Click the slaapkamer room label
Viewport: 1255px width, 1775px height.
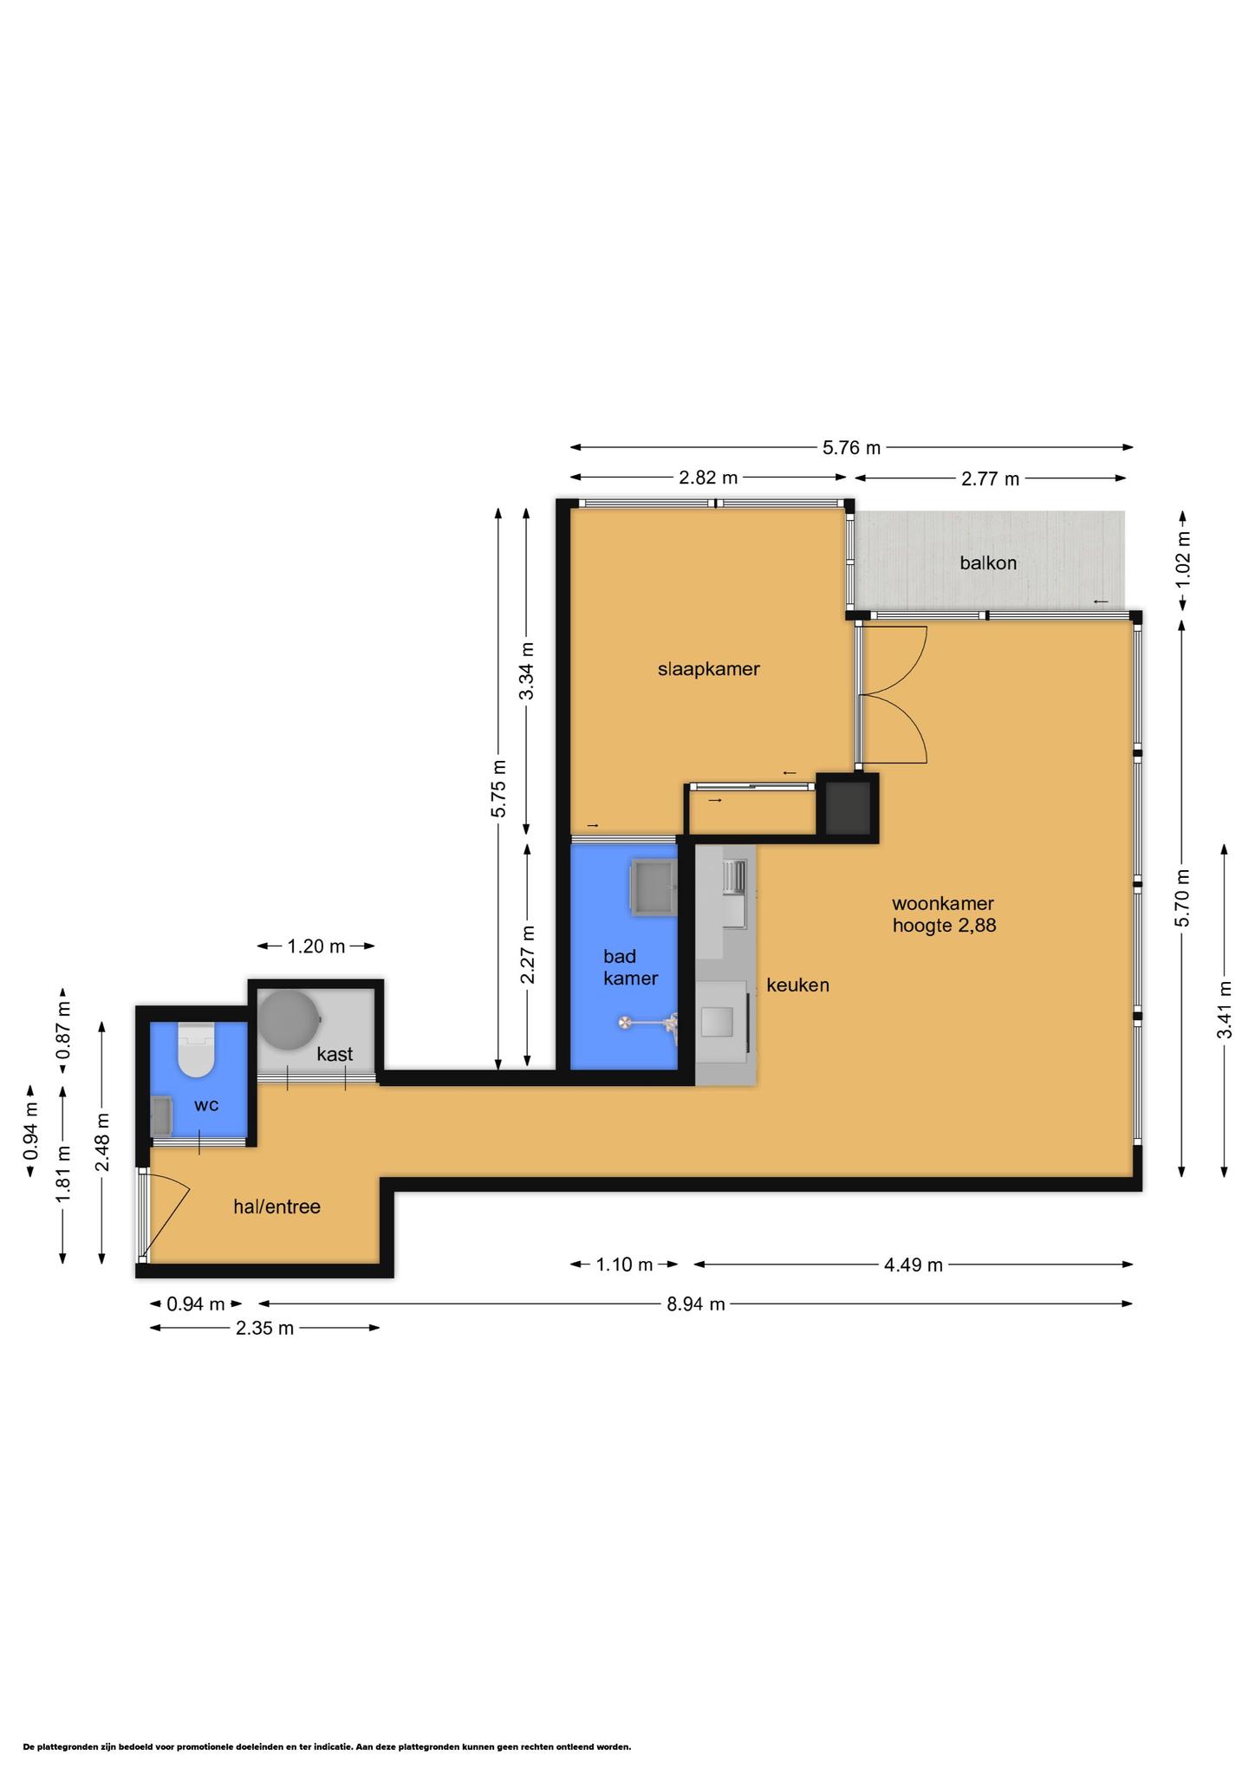(x=708, y=669)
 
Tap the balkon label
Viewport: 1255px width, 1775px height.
(x=988, y=562)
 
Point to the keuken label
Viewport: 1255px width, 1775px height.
(x=797, y=985)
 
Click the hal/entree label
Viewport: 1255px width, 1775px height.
(x=276, y=1206)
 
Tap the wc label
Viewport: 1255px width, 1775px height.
(x=206, y=1105)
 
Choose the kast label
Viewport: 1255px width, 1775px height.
(x=335, y=1054)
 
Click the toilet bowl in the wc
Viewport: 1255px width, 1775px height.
(x=196, y=1050)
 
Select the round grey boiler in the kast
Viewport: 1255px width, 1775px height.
(x=289, y=1020)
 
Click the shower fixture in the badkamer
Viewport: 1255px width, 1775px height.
(x=649, y=1024)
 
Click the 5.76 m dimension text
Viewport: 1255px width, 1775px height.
(x=851, y=448)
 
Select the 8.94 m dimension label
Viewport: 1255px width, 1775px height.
(x=695, y=1304)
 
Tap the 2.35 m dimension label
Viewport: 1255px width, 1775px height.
(x=264, y=1328)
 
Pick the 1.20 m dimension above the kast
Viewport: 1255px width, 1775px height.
(x=316, y=946)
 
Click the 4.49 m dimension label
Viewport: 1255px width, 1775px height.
(x=914, y=1265)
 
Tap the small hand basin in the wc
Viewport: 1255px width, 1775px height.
(x=162, y=1116)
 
